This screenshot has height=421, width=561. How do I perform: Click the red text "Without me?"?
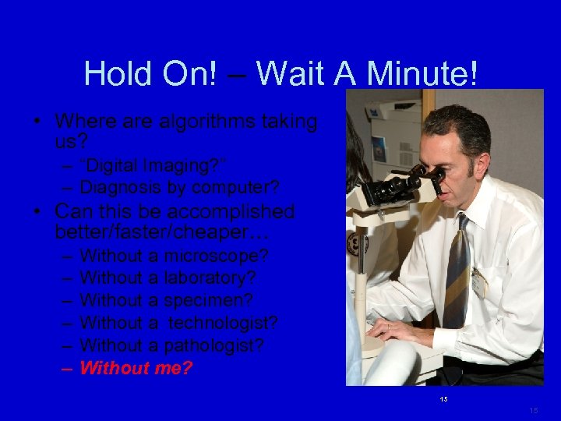136,367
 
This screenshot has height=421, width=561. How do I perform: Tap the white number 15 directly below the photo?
443,399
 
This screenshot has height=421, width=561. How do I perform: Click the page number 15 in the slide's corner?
533,410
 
